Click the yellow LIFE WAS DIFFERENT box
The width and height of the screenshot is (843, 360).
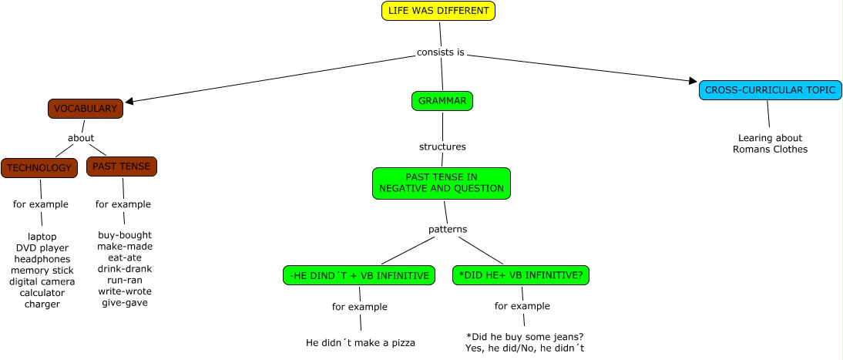[438, 11]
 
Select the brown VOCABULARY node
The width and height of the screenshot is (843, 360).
[86, 109]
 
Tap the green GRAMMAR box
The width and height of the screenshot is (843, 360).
[442, 101]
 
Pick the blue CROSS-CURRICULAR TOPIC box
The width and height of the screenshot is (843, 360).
[771, 90]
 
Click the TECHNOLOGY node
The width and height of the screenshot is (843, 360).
[39, 168]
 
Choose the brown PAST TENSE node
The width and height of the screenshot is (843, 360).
[122, 167]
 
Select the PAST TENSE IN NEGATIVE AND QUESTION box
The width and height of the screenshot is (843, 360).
[442, 183]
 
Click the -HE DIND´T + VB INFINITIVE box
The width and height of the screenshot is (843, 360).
[358, 275]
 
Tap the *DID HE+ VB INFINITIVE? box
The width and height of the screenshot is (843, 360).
[521, 275]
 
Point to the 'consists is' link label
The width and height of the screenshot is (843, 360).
[440, 52]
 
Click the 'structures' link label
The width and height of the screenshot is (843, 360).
[442, 146]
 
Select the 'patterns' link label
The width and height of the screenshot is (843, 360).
[448, 229]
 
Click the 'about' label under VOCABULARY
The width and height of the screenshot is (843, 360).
[81, 138]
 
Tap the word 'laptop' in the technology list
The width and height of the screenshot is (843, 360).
[42, 236]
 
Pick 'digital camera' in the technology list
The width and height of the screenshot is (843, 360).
[42, 281]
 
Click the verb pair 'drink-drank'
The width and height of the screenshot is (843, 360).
[125, 268]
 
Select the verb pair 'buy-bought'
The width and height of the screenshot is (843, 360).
[125, 235]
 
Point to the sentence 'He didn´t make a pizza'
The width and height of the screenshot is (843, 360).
[361, 342]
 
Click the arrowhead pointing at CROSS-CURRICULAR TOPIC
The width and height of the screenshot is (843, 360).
[694, 81]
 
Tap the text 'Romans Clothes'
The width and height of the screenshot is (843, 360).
[770, 149]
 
